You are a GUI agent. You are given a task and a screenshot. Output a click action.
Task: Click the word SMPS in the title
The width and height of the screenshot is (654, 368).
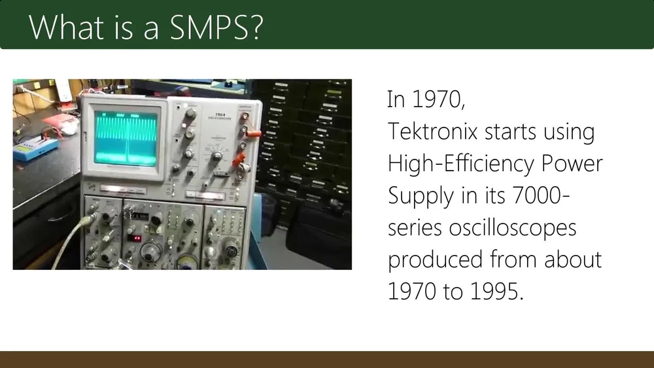tap(216, 27)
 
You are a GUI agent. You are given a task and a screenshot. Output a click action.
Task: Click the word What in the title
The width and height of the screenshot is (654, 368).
tap(66, 27)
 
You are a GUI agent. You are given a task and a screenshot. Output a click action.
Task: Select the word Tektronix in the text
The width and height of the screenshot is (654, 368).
tap(432, 131)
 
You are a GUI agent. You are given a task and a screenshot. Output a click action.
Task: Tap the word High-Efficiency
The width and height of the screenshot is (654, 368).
tap(461, 163)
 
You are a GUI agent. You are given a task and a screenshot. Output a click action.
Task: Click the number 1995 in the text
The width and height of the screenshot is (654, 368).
tap(497, 291)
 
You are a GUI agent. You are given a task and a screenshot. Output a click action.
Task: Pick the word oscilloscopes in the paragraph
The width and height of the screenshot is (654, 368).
tap(513, 228)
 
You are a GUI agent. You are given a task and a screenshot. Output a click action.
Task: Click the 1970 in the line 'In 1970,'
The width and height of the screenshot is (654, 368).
tap(438, 99)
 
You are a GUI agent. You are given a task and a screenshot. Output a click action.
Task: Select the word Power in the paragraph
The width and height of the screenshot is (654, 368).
tap(572, 163)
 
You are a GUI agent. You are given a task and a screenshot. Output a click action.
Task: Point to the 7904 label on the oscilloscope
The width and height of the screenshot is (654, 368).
tap(220, 114)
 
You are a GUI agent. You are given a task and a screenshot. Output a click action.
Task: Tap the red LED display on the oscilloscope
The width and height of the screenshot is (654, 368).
tap(134, 238)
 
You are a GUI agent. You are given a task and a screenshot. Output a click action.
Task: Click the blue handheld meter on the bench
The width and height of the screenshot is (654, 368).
tap(35, 148)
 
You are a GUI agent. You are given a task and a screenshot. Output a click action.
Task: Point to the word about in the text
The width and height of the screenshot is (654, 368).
tap(573, 259)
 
